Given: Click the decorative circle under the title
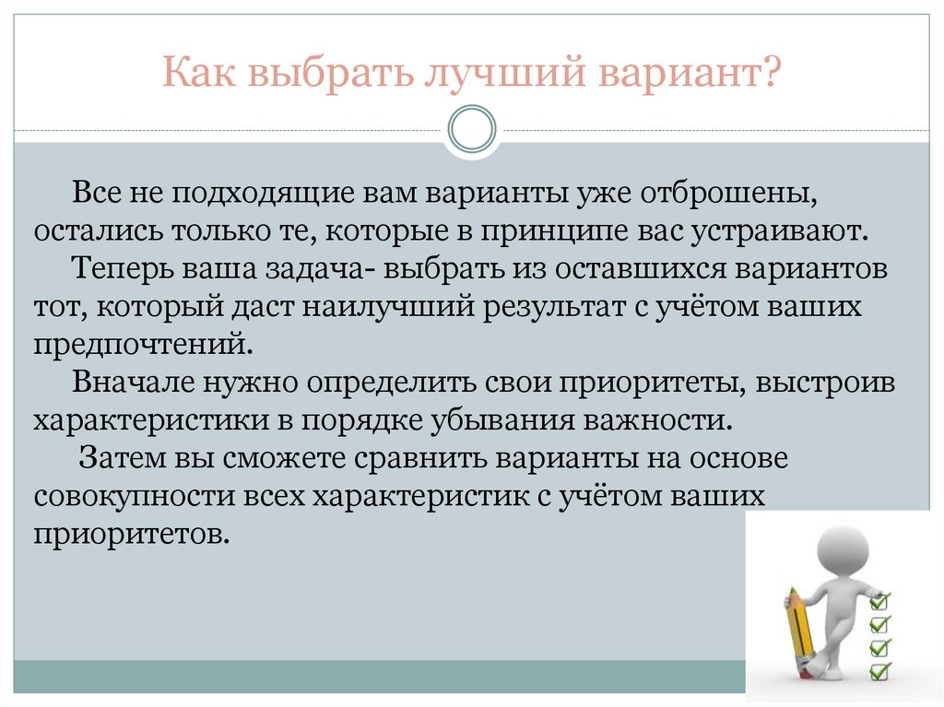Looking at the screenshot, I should click(472, 128).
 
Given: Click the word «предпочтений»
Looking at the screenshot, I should click(140, 342).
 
